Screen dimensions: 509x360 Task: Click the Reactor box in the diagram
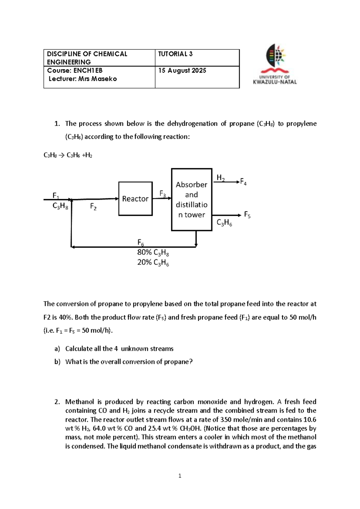(135, 199)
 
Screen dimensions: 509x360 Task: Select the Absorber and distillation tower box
(191, 200)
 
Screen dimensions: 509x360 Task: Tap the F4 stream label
(243, 182)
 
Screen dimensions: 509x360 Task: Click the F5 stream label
(247, 215)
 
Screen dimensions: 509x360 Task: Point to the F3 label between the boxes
(162, 194)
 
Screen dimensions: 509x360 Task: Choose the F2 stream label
(93, 206)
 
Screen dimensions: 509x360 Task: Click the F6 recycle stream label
(140, 242)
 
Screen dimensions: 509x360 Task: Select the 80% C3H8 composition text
(153, 253)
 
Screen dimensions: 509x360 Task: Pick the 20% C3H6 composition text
(153, 263)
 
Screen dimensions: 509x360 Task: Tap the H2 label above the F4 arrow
(220, 178)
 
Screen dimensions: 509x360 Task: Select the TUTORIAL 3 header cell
(175, 54)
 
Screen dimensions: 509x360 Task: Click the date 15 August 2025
(182, 71)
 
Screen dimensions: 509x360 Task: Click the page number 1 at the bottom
(180, 476)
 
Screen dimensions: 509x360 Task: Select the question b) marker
(57, 362)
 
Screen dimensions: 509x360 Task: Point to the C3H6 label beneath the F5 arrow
(224, 223)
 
